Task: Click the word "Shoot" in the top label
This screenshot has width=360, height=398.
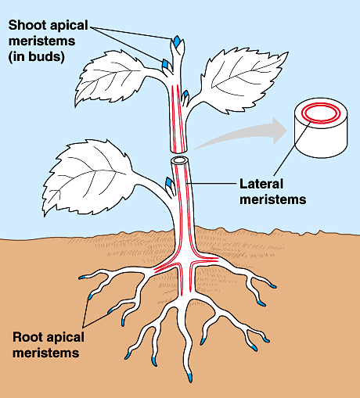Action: tap(27, 25)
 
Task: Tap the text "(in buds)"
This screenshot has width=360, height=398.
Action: tap(36, 57)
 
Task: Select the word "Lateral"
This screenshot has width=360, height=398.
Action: tap(261, 184)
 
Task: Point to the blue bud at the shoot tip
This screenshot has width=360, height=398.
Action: tap(177, 41)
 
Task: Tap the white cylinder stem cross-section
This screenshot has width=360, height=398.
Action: tap(321, 127)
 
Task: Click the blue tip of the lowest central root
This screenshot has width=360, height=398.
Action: tap(190, 378)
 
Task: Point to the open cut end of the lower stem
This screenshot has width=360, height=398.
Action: tap(179, 160)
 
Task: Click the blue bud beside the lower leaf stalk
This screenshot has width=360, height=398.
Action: tap(169, 182)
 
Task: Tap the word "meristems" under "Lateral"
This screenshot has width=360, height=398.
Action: tap(273, 199)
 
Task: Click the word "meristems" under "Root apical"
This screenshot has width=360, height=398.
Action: tap(46, 353)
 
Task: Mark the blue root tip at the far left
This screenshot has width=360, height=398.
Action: tap(83, 278)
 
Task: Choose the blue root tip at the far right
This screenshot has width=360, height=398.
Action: tap(272, 286)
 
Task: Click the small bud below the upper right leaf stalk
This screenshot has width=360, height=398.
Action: tap(185, 95)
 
